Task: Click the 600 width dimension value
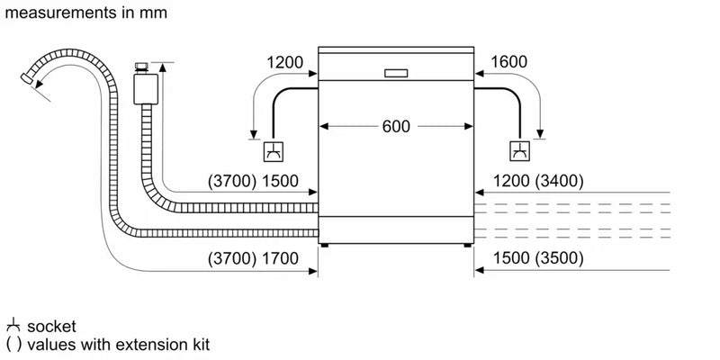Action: [396, 127]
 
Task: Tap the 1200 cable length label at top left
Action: [285, 63]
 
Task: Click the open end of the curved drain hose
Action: [34, 82]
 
